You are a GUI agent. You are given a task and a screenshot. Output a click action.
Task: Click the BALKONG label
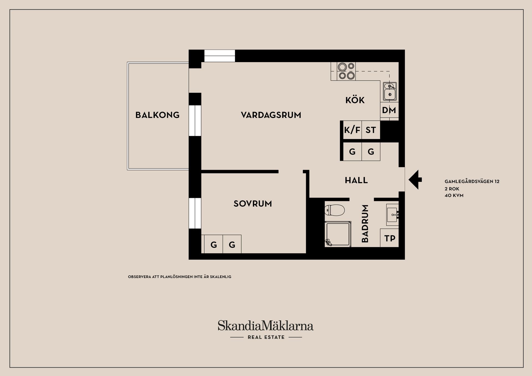click(x=157, y=115)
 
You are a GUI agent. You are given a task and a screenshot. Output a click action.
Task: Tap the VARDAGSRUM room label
click(x=271, y=115)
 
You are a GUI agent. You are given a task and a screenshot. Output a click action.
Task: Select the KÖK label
click(x=355, y=100)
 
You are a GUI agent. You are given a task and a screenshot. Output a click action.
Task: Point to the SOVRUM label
click(x=253, y=204)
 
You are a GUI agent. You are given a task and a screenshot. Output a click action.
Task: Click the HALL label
click(x=356, y=180)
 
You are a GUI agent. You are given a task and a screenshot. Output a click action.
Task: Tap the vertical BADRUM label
click(x=365, y=224)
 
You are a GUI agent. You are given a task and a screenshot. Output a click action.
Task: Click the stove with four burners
click(x=346, y=71)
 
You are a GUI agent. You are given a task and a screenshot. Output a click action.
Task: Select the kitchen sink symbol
click(x=390, y=91)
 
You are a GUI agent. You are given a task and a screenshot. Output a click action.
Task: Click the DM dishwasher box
click(x=389, y=110)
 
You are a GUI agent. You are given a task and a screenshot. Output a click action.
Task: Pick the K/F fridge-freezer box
click(x=352, y=130)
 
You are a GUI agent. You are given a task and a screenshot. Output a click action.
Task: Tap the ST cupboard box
click(x=371, y=130)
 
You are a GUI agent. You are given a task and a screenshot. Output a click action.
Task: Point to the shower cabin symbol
click(x=338, y=234)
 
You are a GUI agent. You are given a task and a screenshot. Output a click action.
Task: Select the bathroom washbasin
click(x=392, y=215)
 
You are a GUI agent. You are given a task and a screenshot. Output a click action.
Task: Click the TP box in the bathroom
click(x=390, y=238)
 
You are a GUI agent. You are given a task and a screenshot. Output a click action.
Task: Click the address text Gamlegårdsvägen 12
click(x=472, y=181)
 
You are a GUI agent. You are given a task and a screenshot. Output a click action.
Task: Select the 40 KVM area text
click(x=454, y=195)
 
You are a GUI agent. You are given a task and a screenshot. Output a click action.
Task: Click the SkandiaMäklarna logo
click(x=265, y=326)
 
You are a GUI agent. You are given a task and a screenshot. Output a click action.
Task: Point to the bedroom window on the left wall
click(x=195, y=213)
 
